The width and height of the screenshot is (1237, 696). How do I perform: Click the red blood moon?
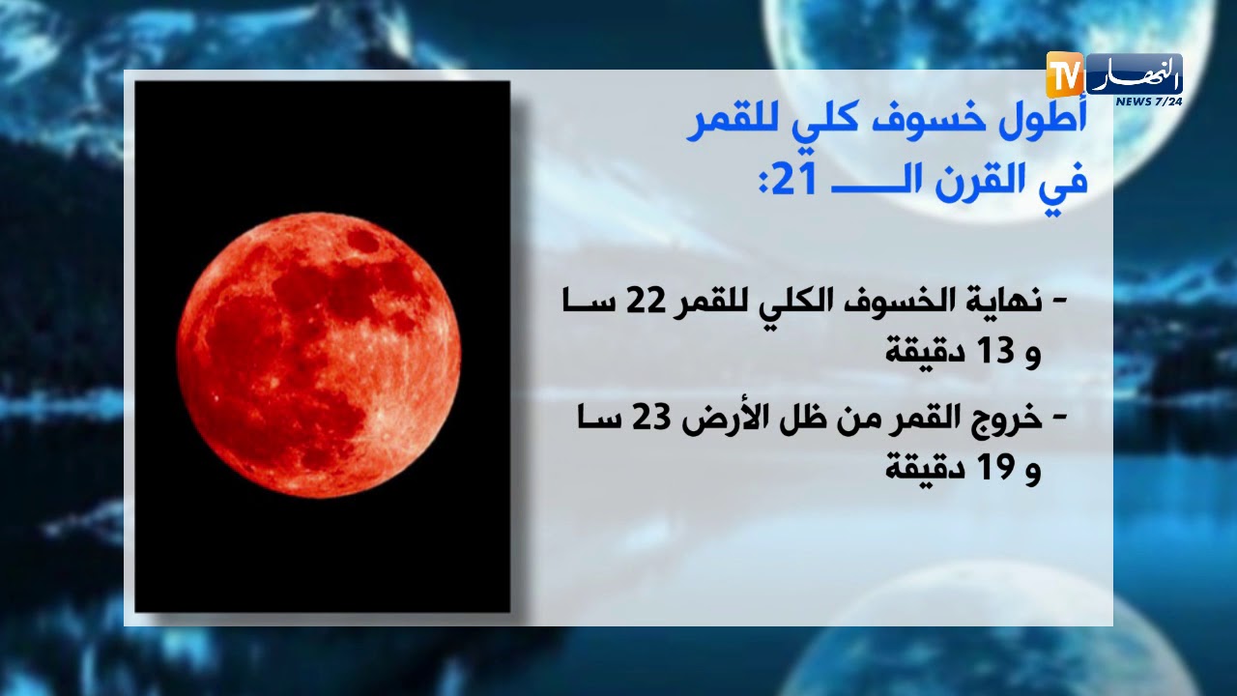(319, 354)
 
